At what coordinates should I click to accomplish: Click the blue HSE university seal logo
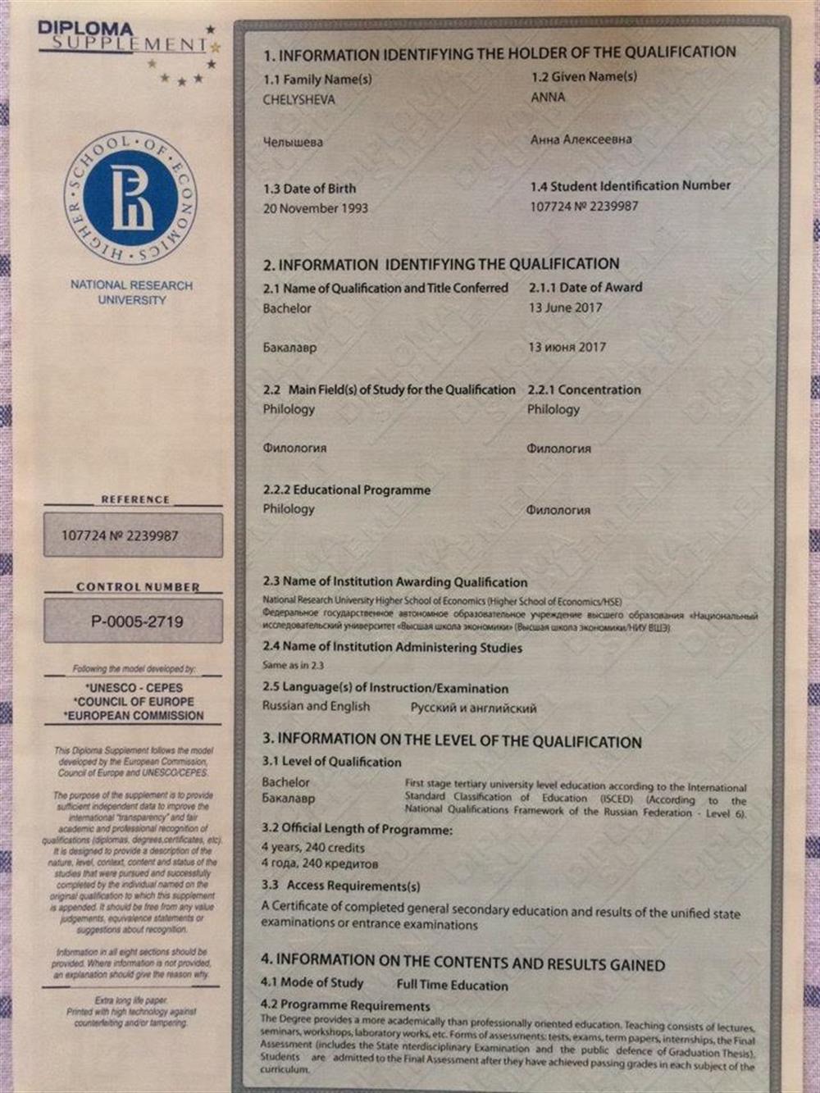[130, 198]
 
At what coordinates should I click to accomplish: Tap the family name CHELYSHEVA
[298, 100]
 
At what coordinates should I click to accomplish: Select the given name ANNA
[548, 97]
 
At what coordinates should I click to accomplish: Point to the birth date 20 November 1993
[315, 208]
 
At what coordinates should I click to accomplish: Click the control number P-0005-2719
[137, 622]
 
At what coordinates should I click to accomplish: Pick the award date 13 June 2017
[565, 307]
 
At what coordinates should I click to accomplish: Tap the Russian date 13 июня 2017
[567, 347]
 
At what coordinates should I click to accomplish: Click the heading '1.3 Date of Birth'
[309, 189]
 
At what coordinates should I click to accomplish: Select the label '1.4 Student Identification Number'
[630, 186]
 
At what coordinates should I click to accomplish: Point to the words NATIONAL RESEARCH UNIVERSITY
[131, 293]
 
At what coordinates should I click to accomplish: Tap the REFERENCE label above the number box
[135, 499]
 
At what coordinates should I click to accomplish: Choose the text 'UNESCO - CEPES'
[134, 688]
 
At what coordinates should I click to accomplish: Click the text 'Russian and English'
[316, 706]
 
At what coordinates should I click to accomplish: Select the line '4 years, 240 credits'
[312, 847]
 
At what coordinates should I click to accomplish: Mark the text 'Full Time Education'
[452, 986]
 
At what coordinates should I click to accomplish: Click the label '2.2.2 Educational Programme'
[346, 490]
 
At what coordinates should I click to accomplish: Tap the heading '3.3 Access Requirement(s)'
[340, 886]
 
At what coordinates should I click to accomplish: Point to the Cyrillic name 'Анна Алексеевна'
[581, 139]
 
